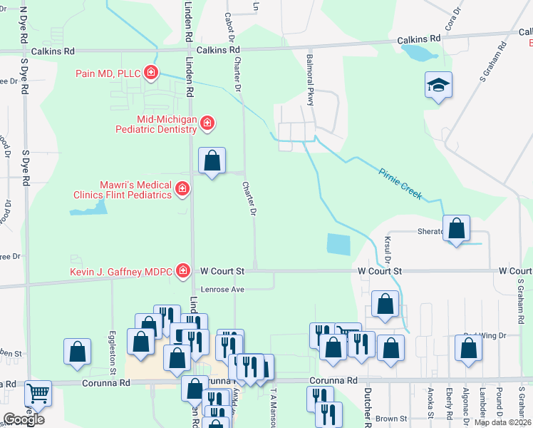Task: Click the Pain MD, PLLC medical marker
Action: point(150,72)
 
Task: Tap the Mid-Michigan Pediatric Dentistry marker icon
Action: point(207,123)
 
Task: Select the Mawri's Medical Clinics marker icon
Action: point(182,189)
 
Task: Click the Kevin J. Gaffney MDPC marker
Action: point(183,271)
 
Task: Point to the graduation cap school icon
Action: point(437,86)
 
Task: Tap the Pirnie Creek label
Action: point(400,183)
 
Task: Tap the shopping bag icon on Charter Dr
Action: point(212,161)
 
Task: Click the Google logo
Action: point(24,419)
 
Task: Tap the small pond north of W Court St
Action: point(339,245)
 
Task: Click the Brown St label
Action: point(391,419)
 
